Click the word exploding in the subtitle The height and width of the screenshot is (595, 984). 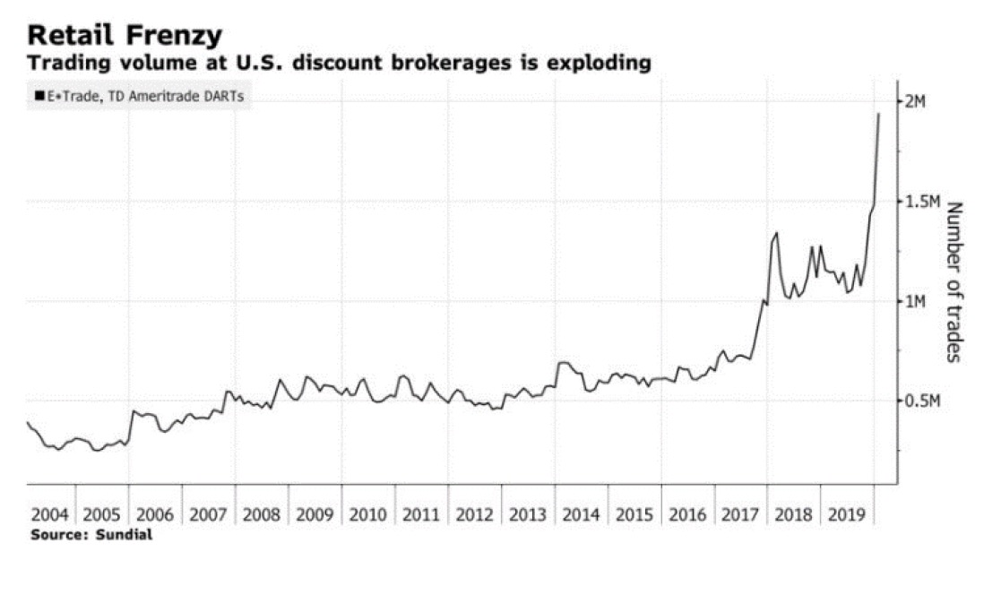pyautogui.click(x=599, y=65)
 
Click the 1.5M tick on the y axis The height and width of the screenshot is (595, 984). pyautogui.click(x=921, y=202)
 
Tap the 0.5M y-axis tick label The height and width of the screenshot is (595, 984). pyautogui.click(x=921, y=401)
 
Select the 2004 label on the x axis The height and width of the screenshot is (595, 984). pyautogui.click(x=49, y=515)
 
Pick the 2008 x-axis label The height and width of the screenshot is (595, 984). pyautogui.click(x=263, y=515)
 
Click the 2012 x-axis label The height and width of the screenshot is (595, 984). pyautogui.click(x=475, y=515)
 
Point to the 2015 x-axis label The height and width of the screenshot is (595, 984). pyautogui.click(x=634, y=515)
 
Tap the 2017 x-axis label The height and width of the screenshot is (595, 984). pyautogui.click(x=740, y=515)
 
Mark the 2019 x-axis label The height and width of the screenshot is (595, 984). pyautogui.click(x=847, y=515)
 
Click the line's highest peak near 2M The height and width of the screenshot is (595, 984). pyautogui.click(x=878, y=114)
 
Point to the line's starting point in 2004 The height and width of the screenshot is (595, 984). pyautogui.click(x=28, y=422)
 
